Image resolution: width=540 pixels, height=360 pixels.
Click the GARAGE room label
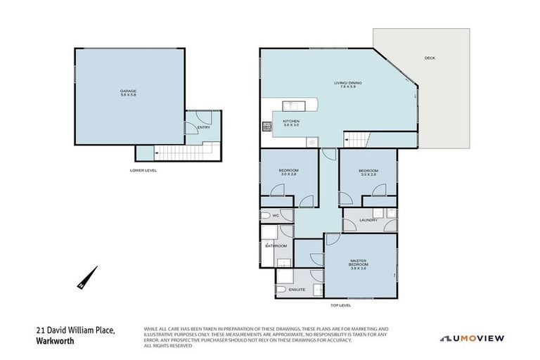tap(128, 92)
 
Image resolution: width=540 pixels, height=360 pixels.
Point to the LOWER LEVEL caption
tap(143, 171)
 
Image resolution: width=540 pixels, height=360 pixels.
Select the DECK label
tap(430, 58)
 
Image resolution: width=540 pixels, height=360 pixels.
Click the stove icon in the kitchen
tap(267, 127)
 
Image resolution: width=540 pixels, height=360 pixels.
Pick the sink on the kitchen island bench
tap(292, 105)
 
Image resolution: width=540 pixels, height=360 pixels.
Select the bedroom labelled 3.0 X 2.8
tap(288, 173)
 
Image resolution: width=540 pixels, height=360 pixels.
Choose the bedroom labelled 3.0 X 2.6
tap(368, 173)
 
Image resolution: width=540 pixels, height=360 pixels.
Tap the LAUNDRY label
tap(368, 220)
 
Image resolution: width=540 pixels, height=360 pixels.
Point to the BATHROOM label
tap(276, 246)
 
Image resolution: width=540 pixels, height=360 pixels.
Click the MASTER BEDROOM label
tap(359, 264)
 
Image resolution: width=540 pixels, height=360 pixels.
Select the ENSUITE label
tap(297, 290)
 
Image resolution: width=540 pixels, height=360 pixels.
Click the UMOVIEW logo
tap(472, 338)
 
